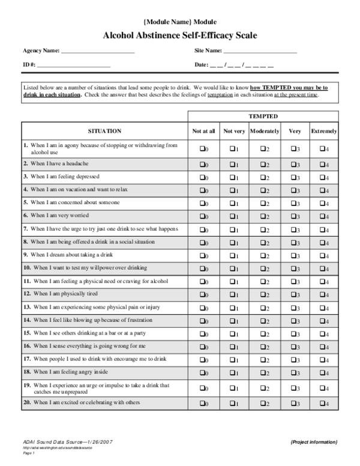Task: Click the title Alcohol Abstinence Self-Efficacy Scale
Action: click(180, 36)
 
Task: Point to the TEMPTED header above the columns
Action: click(263, 116)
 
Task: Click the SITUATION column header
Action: click(105, 130)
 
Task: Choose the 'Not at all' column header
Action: click(203, 131)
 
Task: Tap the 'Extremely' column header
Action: click(324, 131)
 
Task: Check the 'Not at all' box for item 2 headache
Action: click(202, 164)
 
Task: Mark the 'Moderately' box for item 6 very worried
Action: click(262, 216)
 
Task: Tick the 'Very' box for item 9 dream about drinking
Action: click(293, 255)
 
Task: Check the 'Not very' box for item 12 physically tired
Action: click(232, 294)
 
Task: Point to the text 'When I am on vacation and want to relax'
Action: click(79, 189)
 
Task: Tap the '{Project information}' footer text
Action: click(313, 441)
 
